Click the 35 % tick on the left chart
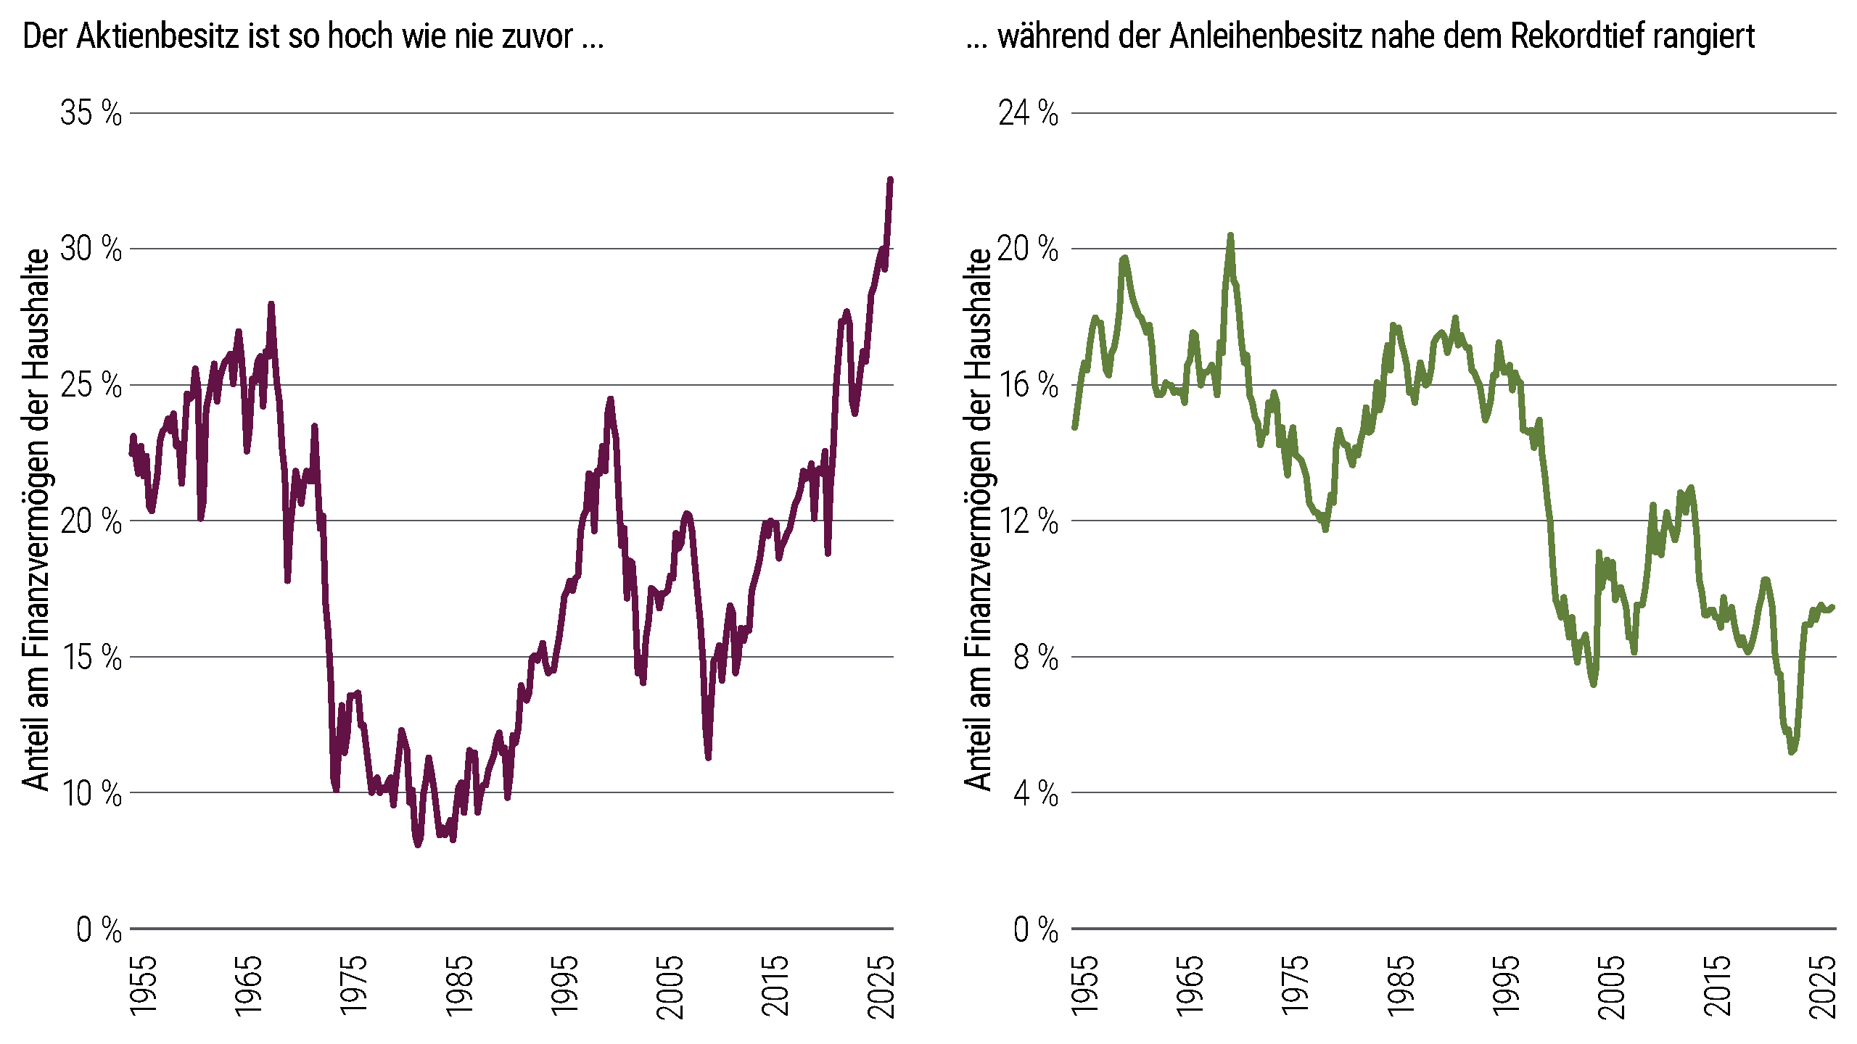91,113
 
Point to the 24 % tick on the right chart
1028,113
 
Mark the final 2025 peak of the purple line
891,180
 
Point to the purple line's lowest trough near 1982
418,844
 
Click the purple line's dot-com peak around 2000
611,399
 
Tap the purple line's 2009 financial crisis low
708,757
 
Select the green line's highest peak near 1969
1230,236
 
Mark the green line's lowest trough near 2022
1792,751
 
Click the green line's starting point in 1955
1074,427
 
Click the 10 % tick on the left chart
91,793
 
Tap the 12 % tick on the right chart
1028,521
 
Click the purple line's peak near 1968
271,305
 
